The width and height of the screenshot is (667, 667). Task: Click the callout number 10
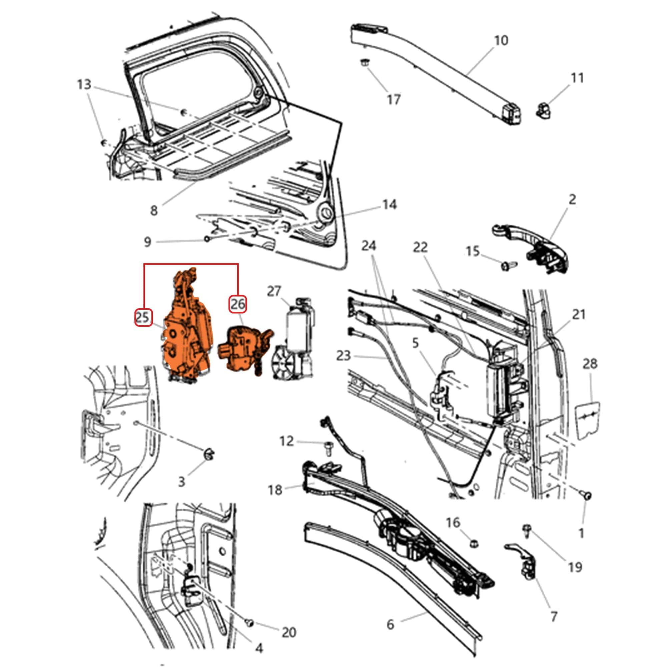click(x=501, y=41)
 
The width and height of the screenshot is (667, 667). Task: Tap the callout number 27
click(x=274, y=291)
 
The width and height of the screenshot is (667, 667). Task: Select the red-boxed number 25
click(x=143, y=317)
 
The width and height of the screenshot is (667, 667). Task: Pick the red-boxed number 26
click(x=237, y=304)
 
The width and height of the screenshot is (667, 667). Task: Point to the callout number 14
click(x=389, y=204)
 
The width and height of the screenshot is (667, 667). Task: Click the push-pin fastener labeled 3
click(x=208, y=454)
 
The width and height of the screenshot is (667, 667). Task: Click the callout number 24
click(x=369, y=246)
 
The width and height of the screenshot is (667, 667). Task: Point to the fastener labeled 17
click(x=364, y=63)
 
